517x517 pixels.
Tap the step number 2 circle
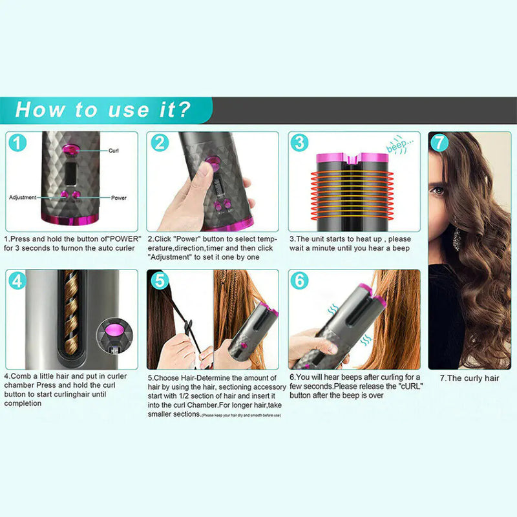160,143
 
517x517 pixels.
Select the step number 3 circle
299,143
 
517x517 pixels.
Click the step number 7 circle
439,143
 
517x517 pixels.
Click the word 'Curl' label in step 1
114,150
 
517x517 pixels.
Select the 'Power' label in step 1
119,197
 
